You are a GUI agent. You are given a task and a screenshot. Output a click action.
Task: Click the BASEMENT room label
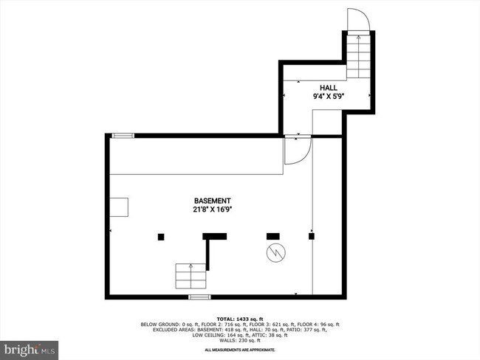[x=213, y=201]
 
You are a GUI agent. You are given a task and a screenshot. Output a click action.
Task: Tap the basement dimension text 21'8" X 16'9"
[x=213, y=210]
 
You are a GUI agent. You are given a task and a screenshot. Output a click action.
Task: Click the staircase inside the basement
[x=190, y=276]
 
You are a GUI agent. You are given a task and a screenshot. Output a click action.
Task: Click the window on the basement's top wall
[x=123, y=135]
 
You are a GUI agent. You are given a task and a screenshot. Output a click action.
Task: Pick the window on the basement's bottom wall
[x=199, y=297]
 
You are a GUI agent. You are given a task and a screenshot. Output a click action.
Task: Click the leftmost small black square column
[x=161, y=236]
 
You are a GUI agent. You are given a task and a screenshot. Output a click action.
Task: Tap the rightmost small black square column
[x=312, y=236]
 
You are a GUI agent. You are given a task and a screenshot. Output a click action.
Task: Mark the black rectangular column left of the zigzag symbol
[x=273, y=236]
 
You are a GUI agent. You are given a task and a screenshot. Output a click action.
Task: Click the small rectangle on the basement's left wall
[x=118, y=207]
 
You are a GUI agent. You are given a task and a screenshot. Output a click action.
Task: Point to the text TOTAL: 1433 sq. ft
[x=239, y=319]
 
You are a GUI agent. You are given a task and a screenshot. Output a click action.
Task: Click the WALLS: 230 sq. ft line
[x=239, y=339]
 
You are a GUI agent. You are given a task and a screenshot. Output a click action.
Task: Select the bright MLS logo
[x=30, y=347]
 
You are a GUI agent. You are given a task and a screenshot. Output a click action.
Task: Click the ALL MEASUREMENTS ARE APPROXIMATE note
[x=239, y=350]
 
